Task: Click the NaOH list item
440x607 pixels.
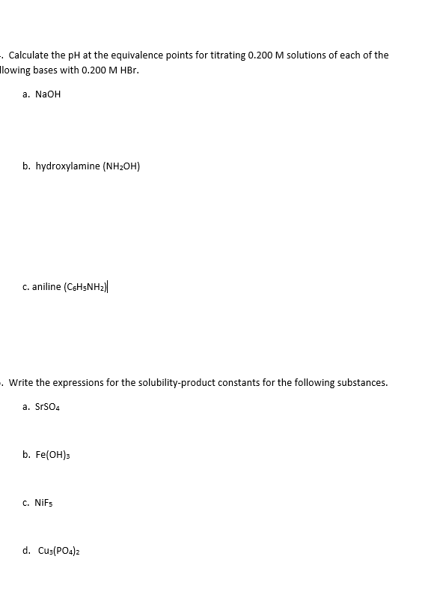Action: tap(47, 95)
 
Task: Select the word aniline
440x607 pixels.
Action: tap(46, 286)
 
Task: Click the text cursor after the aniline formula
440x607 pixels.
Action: tap(113, 286)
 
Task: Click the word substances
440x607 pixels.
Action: tap(363, 382)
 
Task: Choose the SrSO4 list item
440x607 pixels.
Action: tap(49, 407)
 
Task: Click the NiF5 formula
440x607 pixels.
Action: tap(46, 504)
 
